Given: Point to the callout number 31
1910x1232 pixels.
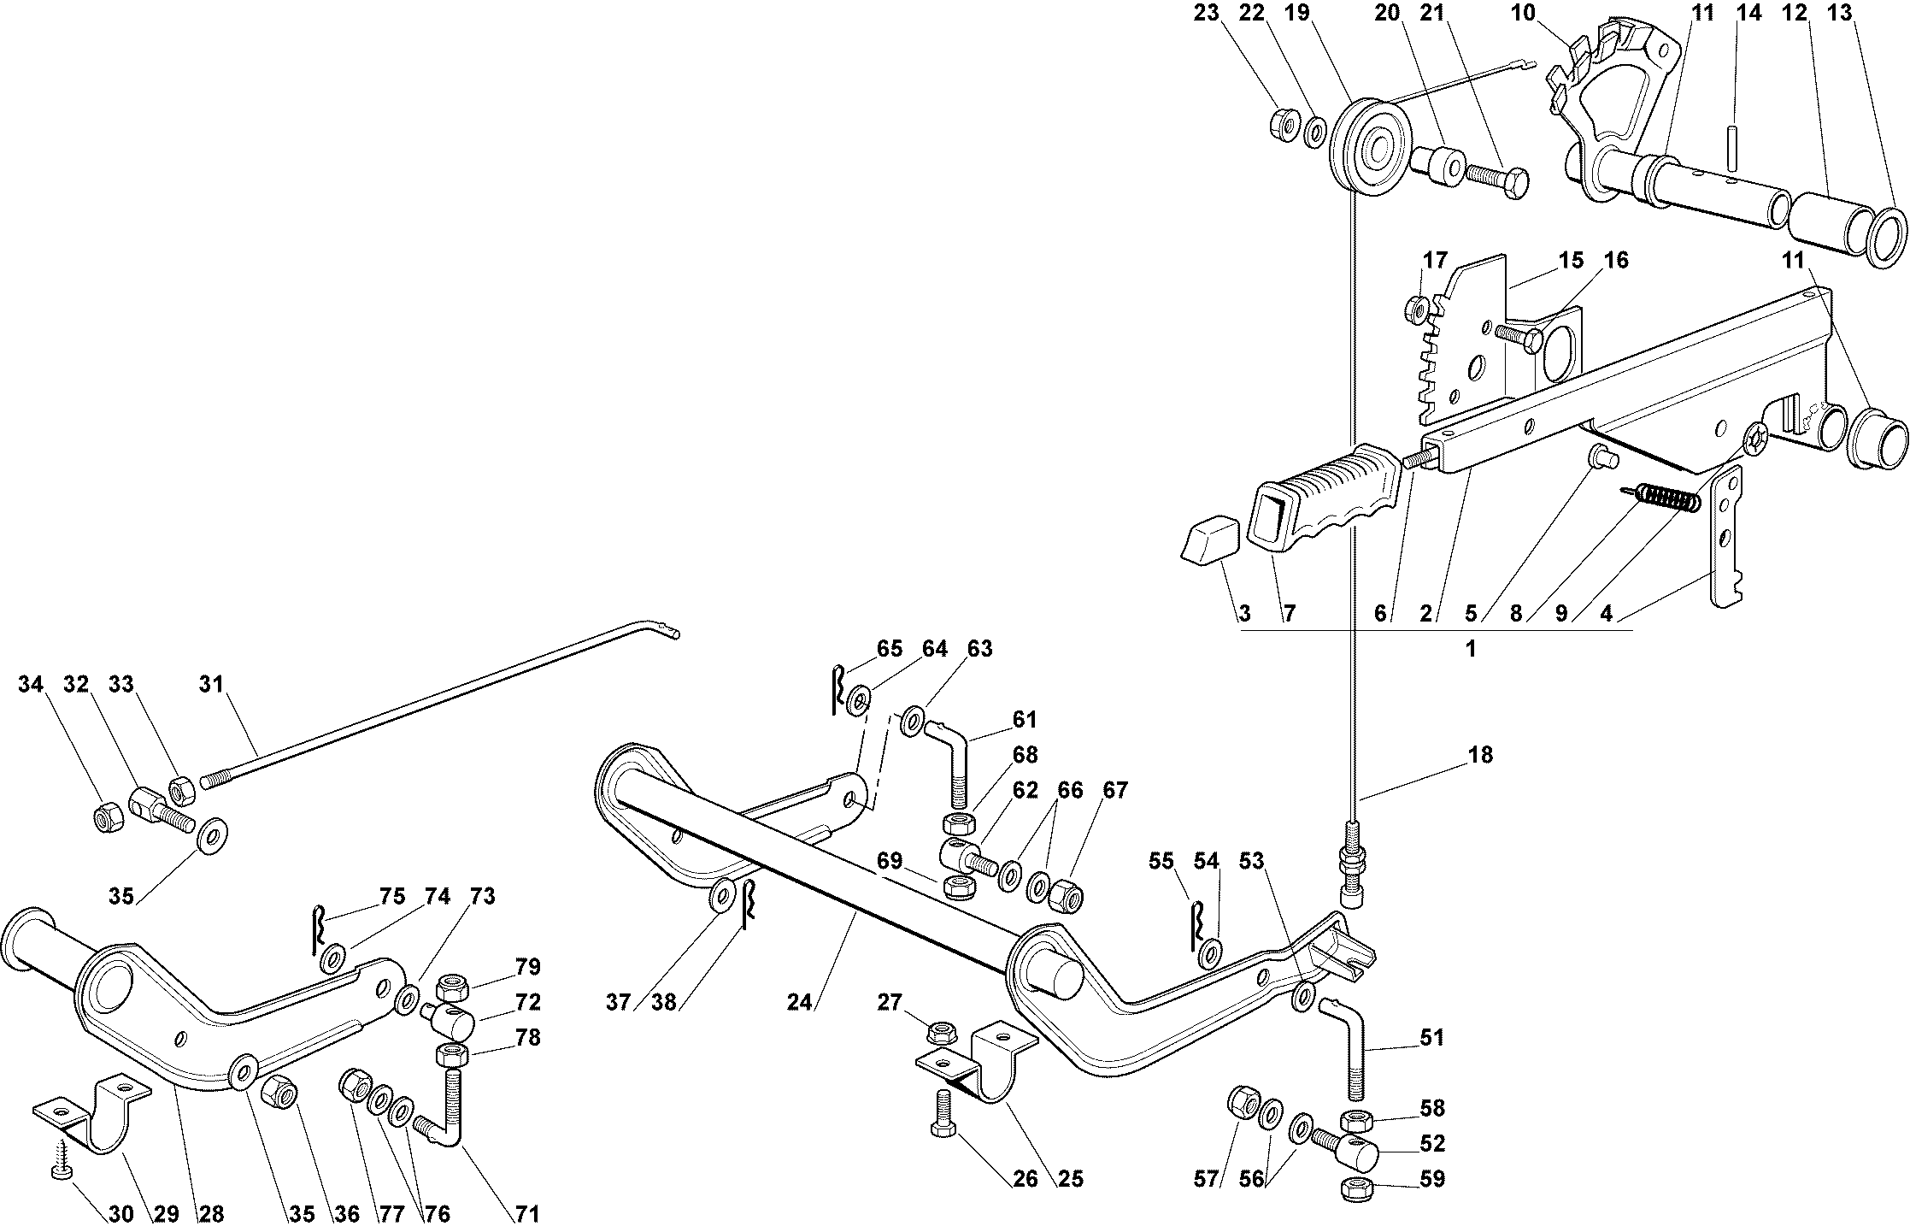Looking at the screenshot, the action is pyautogui.click(x=211, y=684).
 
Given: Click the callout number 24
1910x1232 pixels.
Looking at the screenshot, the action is pyautogui.click(x=799, y=1002).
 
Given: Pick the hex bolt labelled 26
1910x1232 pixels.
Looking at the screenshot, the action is pyautogui.click(x=944, y=1113).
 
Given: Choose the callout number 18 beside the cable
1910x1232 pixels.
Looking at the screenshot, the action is pyautogui.click(x=1480, y=755).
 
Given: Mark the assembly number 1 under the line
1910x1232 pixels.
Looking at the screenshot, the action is pyautogui.click(x=1471, y=649).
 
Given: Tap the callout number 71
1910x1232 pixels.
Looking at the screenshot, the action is pyautogui.click(x=527, y=1213).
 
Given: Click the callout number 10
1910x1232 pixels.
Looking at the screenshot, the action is pyautogui.click(x=1523, y=12).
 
